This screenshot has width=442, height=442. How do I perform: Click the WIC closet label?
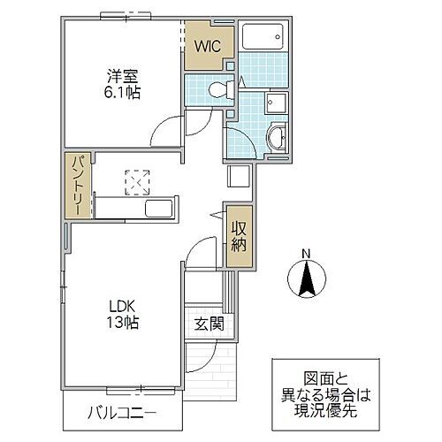coord(209,44)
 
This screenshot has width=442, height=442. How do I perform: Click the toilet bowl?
coord(218,89)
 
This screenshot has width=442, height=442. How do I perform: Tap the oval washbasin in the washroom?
coord(276,137)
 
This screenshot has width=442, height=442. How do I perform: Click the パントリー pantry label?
coord(78,186)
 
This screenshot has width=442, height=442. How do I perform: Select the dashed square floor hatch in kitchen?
coord(137,181)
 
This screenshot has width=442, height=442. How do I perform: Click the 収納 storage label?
coord(239,237)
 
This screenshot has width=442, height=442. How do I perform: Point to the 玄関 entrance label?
coord(209,324)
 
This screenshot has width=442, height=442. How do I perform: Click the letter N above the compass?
coord(306,255)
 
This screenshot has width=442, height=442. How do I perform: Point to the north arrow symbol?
coord(306,281)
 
